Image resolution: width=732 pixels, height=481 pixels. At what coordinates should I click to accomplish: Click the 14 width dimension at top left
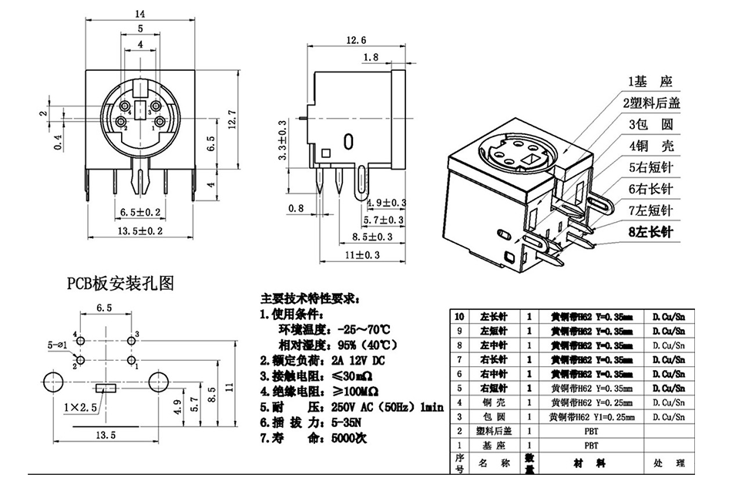tap(140, 14)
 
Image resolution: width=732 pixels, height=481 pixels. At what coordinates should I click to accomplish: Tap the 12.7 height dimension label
tap(230, 119)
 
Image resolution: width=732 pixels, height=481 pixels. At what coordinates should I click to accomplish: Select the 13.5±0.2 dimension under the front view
tap(140, 230)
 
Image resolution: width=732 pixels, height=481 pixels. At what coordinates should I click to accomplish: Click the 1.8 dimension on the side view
tap(370, 57)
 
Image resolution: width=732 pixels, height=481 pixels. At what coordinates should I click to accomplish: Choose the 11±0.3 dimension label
tap(363, 254)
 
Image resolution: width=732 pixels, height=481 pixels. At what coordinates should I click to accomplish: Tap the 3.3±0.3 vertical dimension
tap(283, 140)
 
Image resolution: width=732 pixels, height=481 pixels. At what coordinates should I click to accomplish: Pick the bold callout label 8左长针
tap(651, 230)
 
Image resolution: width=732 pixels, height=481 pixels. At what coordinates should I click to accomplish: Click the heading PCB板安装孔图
tap(119, 284)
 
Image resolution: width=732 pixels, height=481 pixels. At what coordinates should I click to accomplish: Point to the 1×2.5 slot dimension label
tap(81, 406)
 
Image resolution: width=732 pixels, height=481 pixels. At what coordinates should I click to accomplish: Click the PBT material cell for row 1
tap(589, 446)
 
